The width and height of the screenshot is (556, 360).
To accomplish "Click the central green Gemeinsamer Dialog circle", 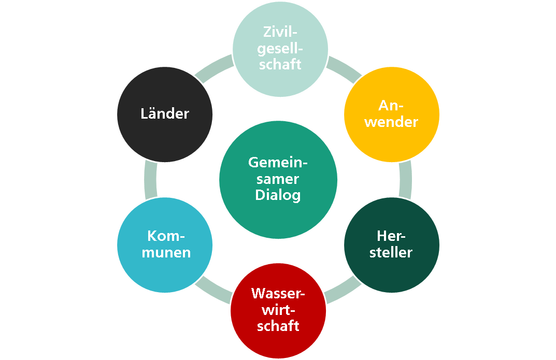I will point(278,179).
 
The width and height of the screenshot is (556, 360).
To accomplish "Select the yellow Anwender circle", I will point(392,114).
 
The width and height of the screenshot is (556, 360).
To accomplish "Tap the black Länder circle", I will point(165,114).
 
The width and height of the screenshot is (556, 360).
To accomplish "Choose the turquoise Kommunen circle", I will point(165,244).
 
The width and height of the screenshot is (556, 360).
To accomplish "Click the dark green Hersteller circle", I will point(392,244).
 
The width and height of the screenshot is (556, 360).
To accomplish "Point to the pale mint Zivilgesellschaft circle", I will point(280,49).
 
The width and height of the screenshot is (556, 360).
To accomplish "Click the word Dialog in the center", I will point(278,196).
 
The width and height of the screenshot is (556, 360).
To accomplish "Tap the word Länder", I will point(165,114).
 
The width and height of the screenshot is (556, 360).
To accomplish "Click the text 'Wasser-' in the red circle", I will point(278,294).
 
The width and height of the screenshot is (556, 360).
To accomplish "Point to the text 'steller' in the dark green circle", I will point(391,253).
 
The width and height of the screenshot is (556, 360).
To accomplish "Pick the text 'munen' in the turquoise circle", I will point(166,253).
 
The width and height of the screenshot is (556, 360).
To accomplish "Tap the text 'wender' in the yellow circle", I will point(391,122).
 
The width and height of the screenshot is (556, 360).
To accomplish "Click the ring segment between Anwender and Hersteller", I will point(407,179).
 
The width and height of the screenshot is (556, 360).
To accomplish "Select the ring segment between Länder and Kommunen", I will point(150,179).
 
